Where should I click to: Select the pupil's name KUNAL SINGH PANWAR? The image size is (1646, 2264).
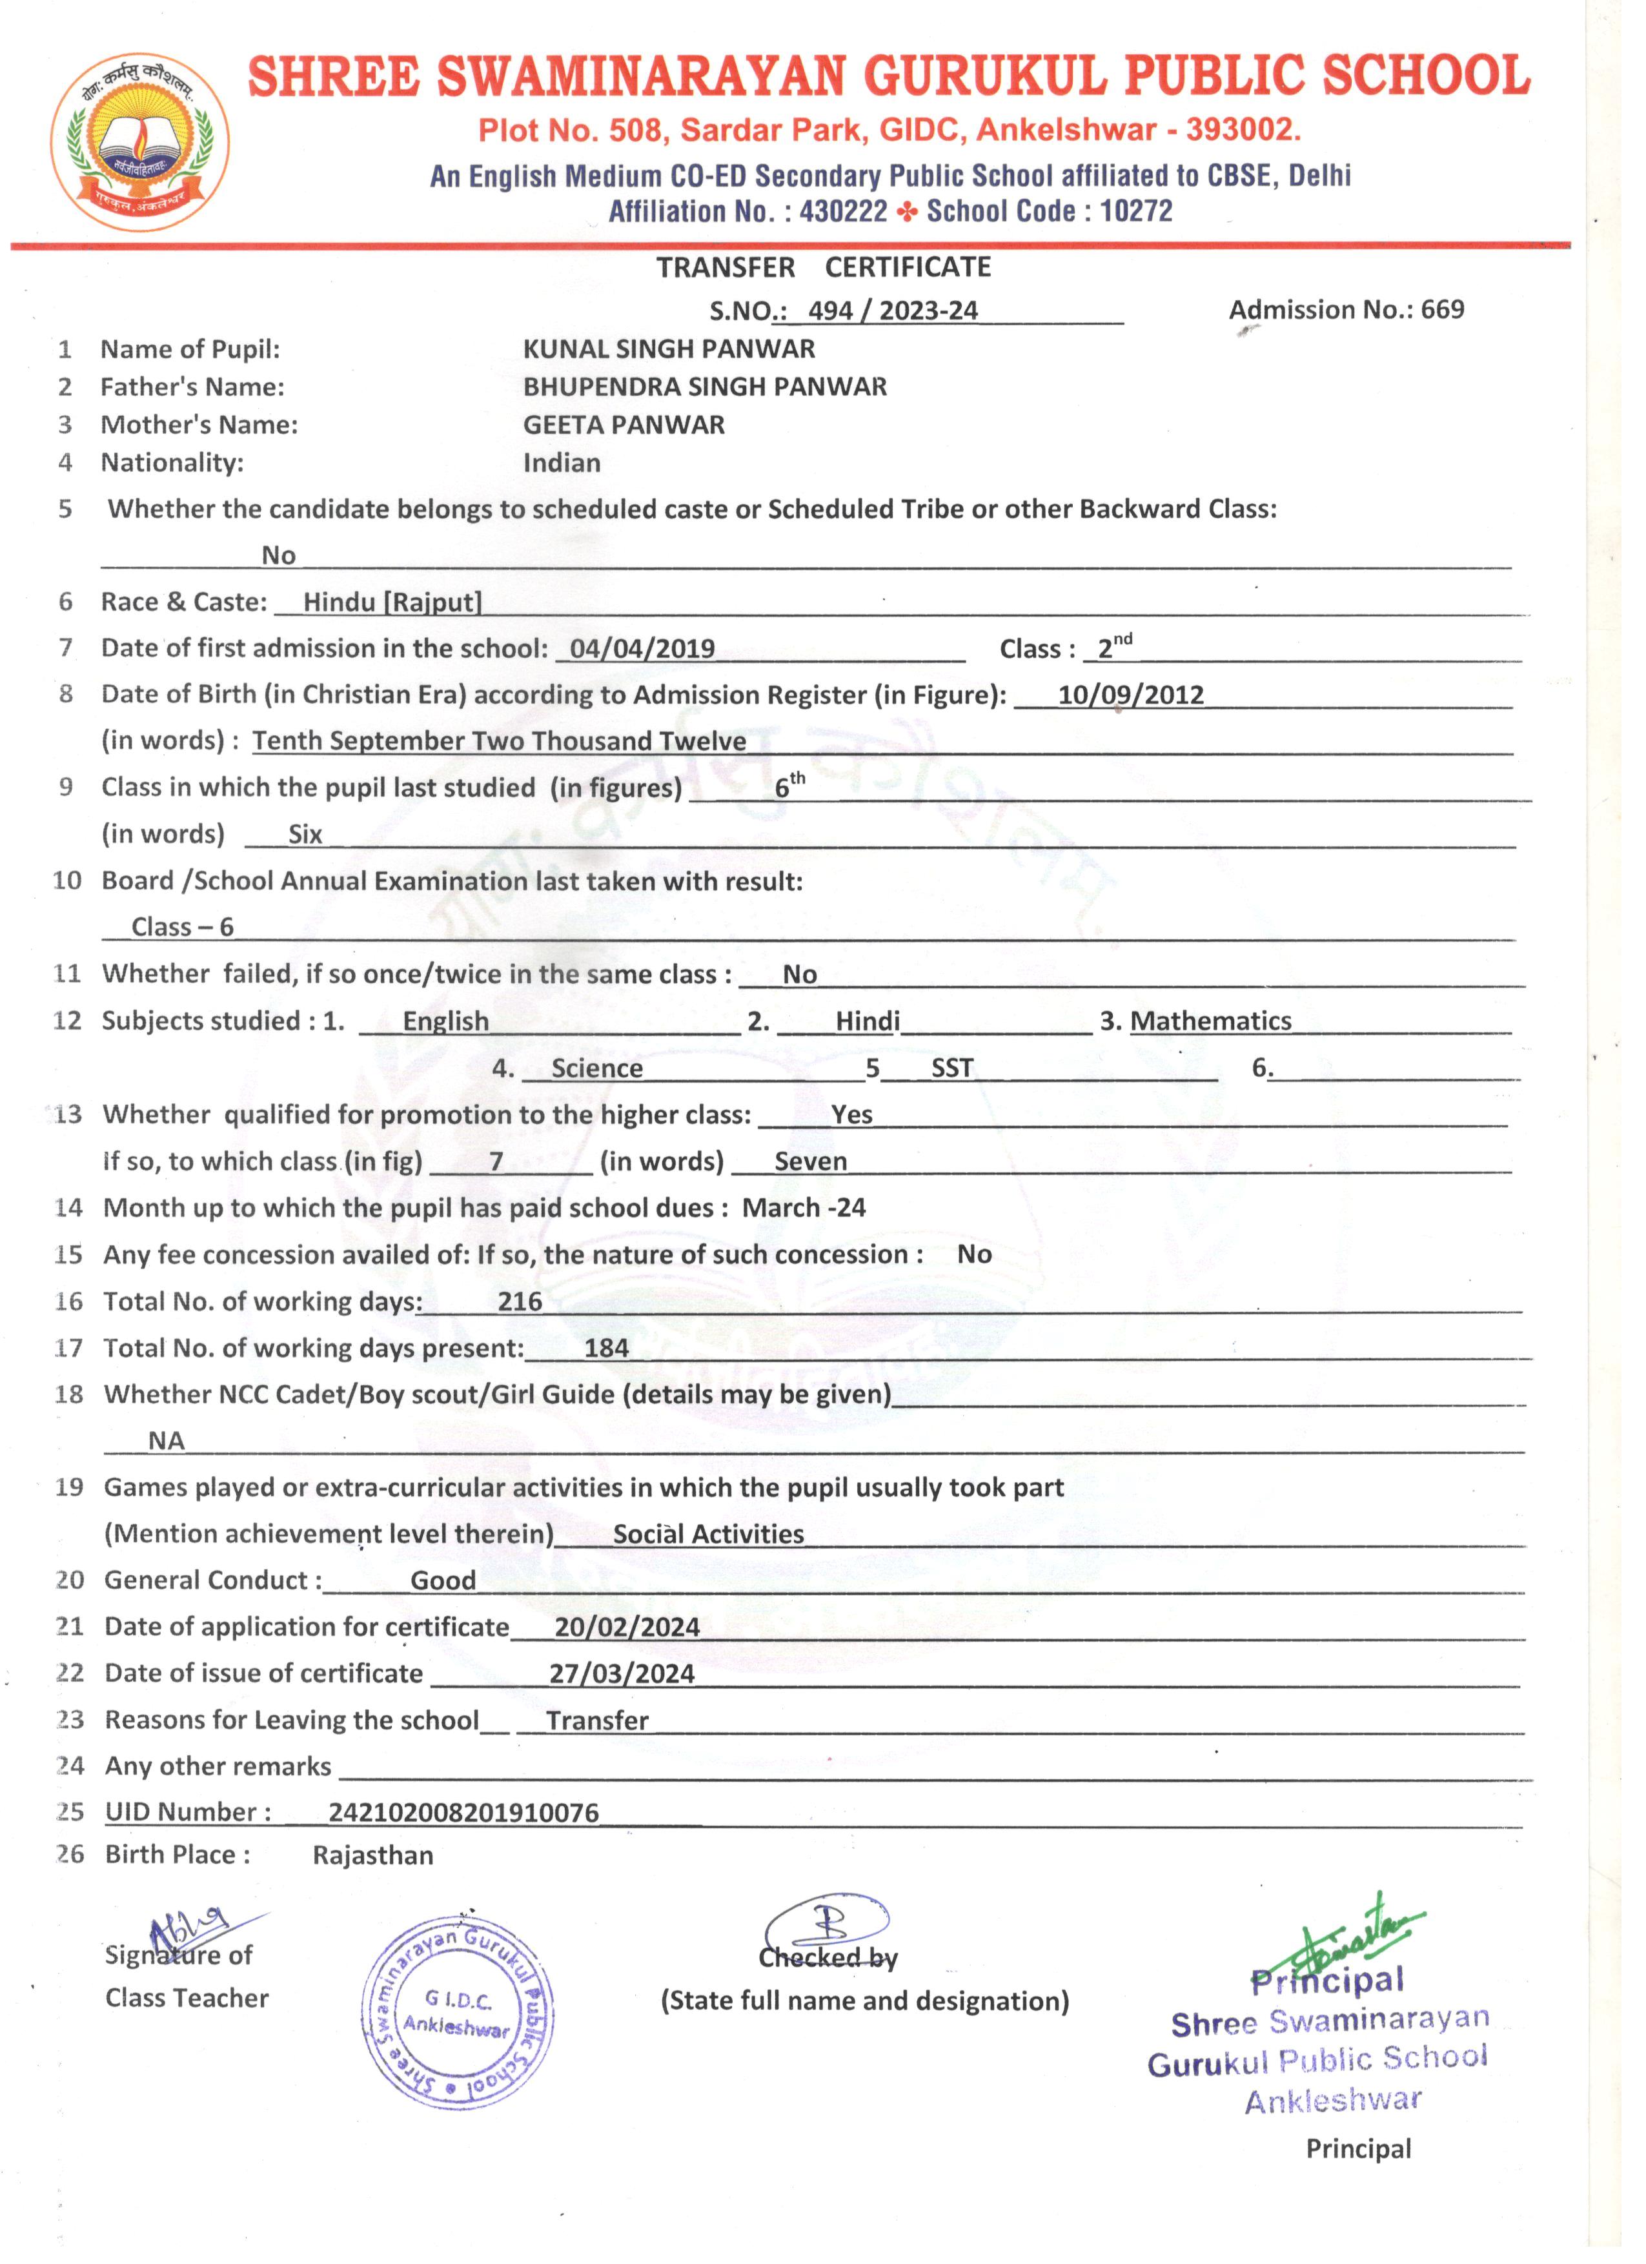point(669,349)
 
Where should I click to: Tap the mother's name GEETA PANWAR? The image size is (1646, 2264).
point(624,425)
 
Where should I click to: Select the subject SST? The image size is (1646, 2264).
point(951,1068)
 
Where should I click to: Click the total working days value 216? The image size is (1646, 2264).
point(520,1301)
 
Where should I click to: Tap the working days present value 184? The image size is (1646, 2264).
point(606,1349)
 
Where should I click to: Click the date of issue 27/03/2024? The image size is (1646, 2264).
point(622,1674)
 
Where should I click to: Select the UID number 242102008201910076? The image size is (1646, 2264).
point(463,1813)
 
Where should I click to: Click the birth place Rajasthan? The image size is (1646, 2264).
point(372,1856)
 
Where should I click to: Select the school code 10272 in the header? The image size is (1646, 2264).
point(1136,212)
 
